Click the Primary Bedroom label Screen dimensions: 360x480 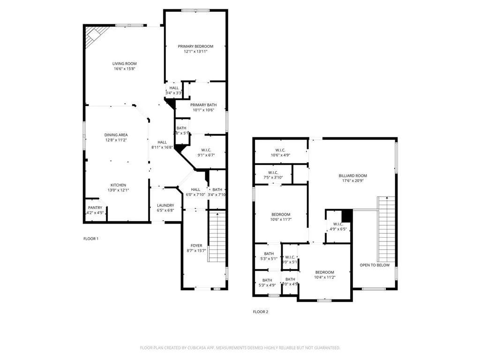tap(195, 46)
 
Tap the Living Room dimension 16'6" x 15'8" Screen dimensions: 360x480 tap(124, 69)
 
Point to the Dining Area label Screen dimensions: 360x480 tap(116, 135)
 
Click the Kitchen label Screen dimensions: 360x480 tap(118, 185)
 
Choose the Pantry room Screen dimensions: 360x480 tap(95, 210)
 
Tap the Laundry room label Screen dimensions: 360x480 tap(165, 205)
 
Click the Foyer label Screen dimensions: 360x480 tap(196, 246)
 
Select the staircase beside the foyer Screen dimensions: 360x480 tap(217, 237)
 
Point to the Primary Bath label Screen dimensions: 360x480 tap(203, 105)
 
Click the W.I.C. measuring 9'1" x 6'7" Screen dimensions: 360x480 tap(202, 153)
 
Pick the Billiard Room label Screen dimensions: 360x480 tap(353, 176)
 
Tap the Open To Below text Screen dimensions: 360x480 tap(375, 265)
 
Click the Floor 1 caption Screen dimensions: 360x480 tap(91, 239)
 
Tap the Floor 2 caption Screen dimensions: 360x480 tap(261, 311)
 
